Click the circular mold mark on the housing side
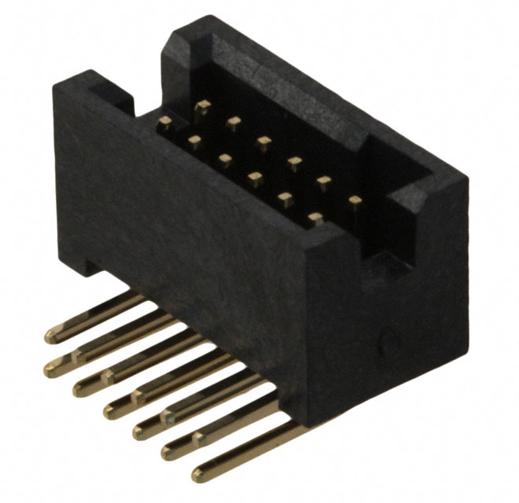pyautogui.click(x=386, y=341)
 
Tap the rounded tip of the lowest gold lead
pyautogui.click(x=197, y=475)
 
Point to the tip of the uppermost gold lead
pyautogui.click(x=51, y=337)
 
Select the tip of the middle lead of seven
pyautogui.click(x=111, y=409)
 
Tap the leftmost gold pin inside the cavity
pyautogui.click(x=165, y=121)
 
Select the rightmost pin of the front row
pyautogui.click(x=316, y=218)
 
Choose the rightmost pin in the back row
pyautogui.click(x=355, y=201)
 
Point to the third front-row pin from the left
pyautogui.click(x=225, y=160)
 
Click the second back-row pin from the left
pyautogui.click(x=233, y=123)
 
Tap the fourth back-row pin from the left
pyautogui.click(x=294, y=163)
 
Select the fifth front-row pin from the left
pyautogui.click(x=285, y=197)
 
